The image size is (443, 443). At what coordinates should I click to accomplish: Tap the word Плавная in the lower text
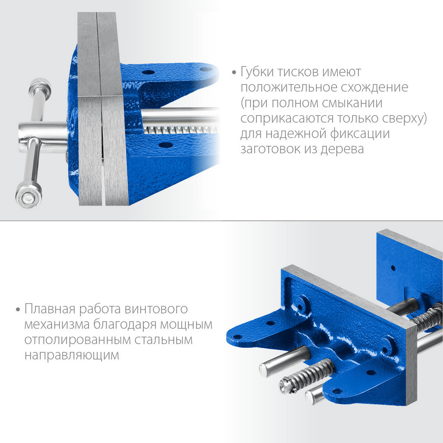(50, 309)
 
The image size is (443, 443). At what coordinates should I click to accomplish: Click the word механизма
(57, 324)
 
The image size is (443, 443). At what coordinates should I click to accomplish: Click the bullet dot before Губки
(234, 73)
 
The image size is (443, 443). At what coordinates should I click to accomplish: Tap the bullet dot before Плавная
(18, 309)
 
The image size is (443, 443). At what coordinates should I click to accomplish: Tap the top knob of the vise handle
(40, 89)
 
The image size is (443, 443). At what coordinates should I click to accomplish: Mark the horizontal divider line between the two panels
(221, 221)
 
